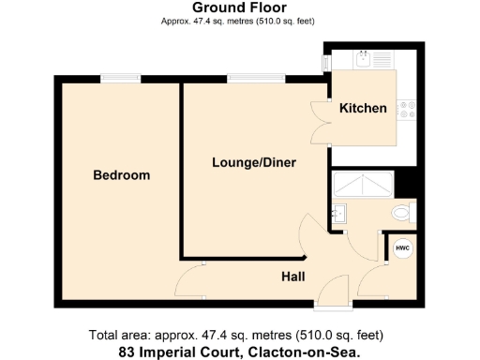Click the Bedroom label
pos(121,175)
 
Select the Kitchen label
pos(363,109)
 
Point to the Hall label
pos(295,277)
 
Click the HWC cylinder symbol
pos(402,248)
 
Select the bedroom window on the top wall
pos(120,79)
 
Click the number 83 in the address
pos(127,352)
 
